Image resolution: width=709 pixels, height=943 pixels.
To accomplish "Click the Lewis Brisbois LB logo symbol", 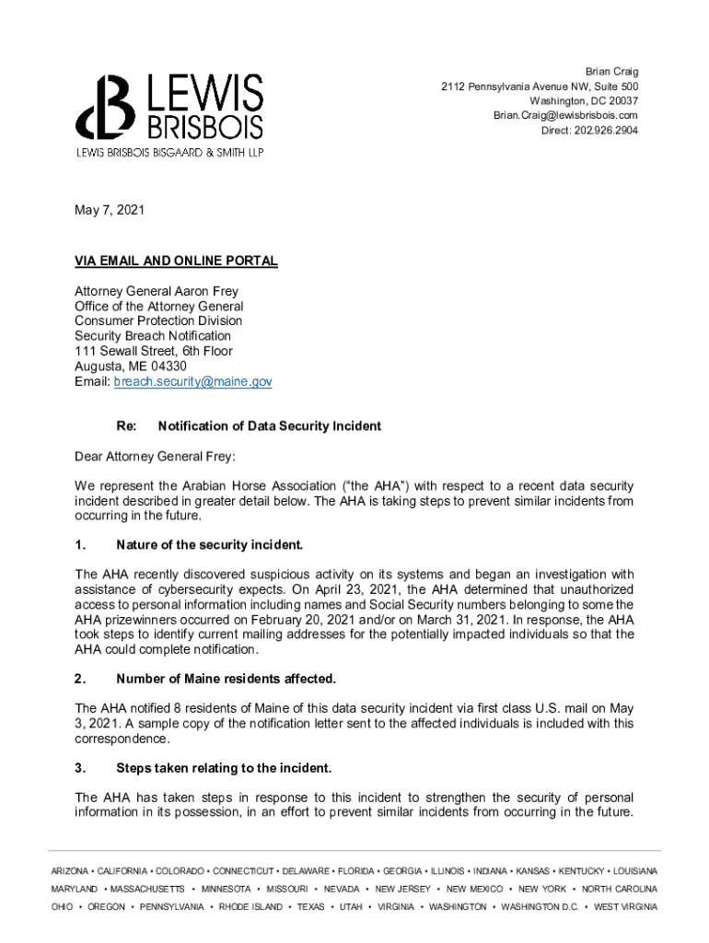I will click(x=104, y=110).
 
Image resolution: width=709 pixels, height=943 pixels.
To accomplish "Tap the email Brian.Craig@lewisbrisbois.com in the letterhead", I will click(x=565, y=115).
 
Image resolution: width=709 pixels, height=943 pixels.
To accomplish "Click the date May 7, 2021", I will click(x=110, y=211).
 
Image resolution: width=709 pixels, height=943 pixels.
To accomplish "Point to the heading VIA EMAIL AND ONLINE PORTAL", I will click(x=176, y=262).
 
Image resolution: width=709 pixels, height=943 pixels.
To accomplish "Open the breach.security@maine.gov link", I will click(x=192, y=381).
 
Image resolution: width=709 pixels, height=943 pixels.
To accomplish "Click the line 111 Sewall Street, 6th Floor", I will click(x=154, y=351).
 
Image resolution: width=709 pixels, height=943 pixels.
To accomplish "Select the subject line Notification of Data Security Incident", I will click(x=269, y=426).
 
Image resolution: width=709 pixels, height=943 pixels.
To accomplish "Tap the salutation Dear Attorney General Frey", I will click(x=156, y=456).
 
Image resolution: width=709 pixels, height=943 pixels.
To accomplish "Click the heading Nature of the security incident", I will click(x=209, y=545).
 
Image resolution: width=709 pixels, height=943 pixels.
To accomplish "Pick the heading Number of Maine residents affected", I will click(x=226, y=680).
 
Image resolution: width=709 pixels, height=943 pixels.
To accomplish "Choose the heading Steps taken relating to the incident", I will click(x=224, y=768).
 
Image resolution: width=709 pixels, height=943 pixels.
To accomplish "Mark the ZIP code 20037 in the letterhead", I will click(x=619, y=100).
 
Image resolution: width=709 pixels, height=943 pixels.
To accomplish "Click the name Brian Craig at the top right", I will click(x=611, y=71).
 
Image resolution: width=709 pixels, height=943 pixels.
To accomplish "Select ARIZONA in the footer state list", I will click(x=70, y=871).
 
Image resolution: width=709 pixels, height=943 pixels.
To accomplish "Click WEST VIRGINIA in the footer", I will click(x=626, y=907).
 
